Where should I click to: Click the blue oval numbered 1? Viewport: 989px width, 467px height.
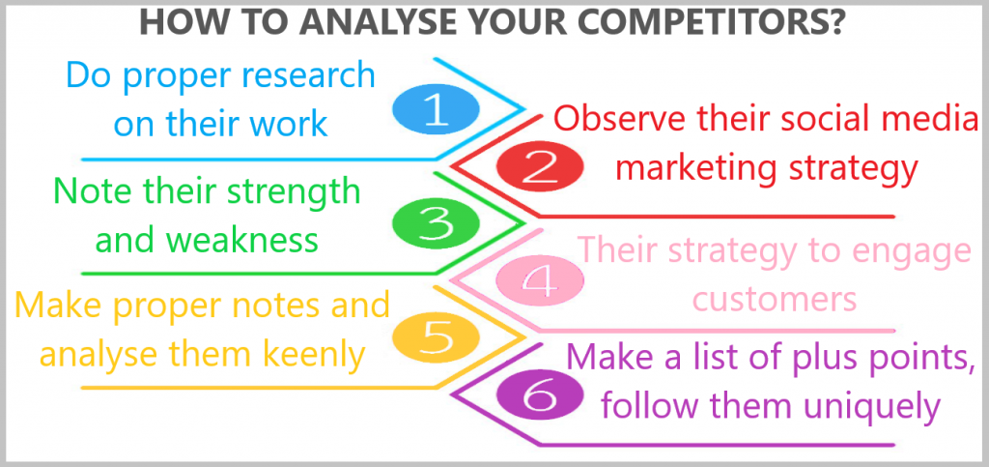(436, 110)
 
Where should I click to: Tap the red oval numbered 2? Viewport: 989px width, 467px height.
(540, 167)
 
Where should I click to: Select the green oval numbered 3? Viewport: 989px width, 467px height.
(436, 224)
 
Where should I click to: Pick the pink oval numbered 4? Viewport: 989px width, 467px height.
(540, 280)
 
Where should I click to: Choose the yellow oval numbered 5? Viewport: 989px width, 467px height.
(436, 337)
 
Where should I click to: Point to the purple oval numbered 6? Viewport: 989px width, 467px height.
(540, 395)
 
